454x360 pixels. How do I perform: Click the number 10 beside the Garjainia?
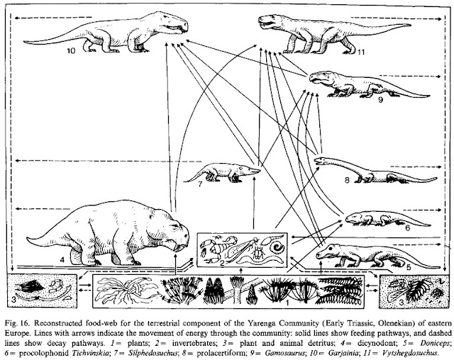(x=71, y=50)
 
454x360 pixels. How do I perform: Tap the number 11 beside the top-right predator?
(x=361, y=52)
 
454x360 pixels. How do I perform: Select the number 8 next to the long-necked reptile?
(x=347, y=180)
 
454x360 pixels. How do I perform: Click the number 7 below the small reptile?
(x=200, y=184)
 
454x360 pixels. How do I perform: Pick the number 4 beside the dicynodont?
(x=62, y=259)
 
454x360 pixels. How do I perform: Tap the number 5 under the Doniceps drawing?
(x=409, y=267)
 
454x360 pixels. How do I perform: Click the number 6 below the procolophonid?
(x=407, y=228)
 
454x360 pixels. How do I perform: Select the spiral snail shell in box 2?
(x=277, y=247)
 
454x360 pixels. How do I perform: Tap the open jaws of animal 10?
(x=175, y=28)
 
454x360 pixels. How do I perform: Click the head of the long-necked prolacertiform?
(x=321, y=161)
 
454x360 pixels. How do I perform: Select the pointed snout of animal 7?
(x=254, y=171)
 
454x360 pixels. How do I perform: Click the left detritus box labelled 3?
(x=42, y=291)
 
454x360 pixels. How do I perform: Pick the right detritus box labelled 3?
(x=413, y=291)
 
